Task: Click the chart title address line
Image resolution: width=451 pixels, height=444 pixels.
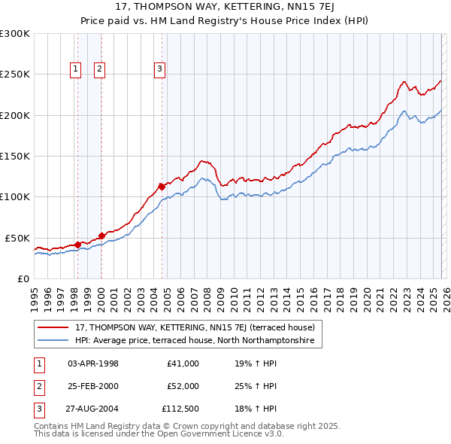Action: pyautogui.click(x=225, y=7)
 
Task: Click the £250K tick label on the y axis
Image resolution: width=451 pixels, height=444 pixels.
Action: pyautogui.click(x=15, y=75)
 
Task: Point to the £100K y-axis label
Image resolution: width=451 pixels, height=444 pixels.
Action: pyautogui.click(x=15, y=196)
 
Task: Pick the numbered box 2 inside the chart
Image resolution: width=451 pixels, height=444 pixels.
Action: pyautogui.click(x=100, y=69)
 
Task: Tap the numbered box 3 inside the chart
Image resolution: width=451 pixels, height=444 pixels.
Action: pyautogui.click(x=160, y=69)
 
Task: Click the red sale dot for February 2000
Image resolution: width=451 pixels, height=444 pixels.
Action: pyautogui.click(x=101, y=236)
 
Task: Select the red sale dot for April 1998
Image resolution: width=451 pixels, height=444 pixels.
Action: pyautogui.click(x=77, y=244)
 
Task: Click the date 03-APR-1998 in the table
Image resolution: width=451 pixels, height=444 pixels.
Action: pyautogui.click(x=93, y=363)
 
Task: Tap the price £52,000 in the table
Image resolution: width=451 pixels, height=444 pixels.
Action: pyautogui.click(x=183, y=386)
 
